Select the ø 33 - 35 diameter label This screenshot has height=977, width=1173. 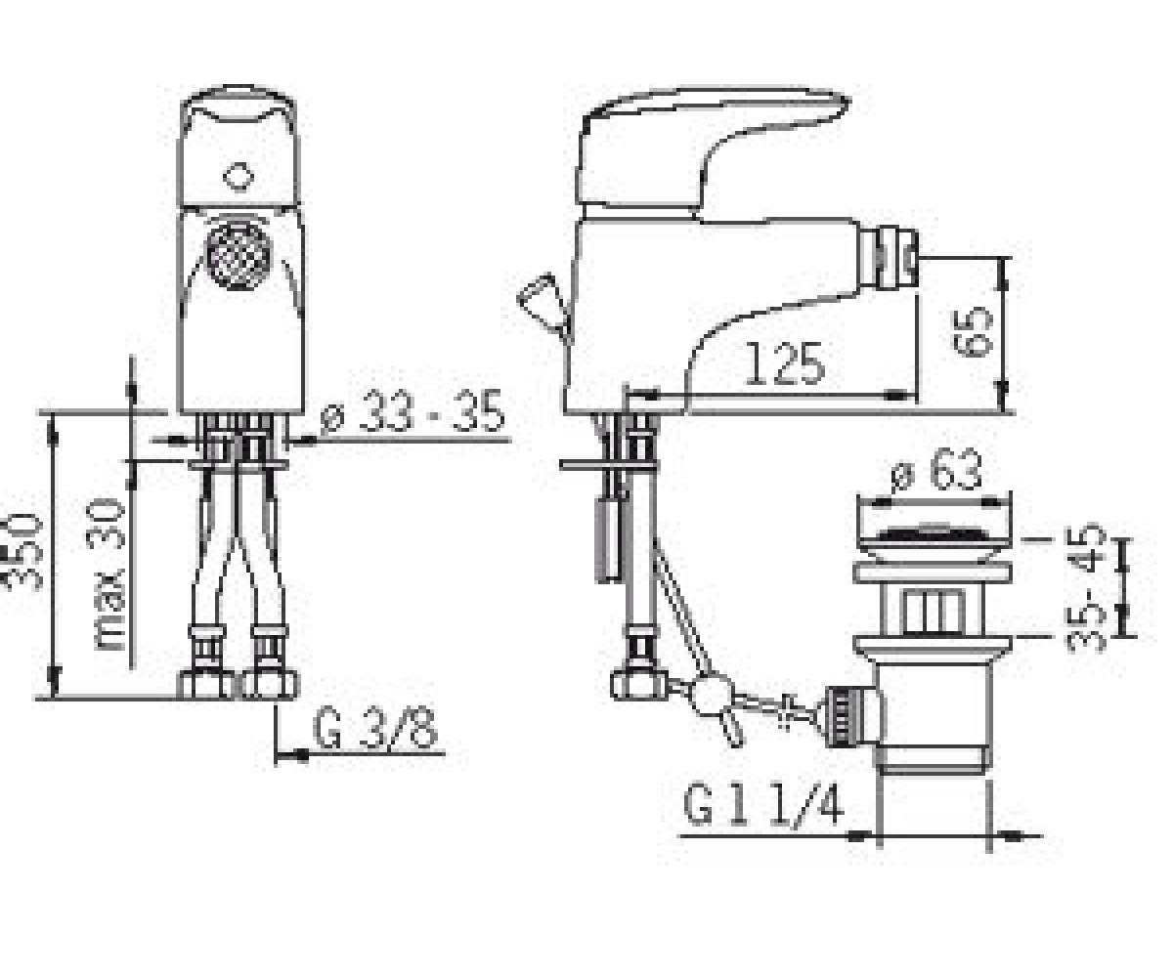tap(413, 411)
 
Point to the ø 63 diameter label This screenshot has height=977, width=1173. tap(936, 469)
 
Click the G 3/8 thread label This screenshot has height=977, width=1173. tap(374, 730)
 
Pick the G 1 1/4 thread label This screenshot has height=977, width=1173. tap(763, 805)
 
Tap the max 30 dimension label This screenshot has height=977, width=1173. tap(107, 573)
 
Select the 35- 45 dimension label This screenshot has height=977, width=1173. tap(1085, 587)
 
